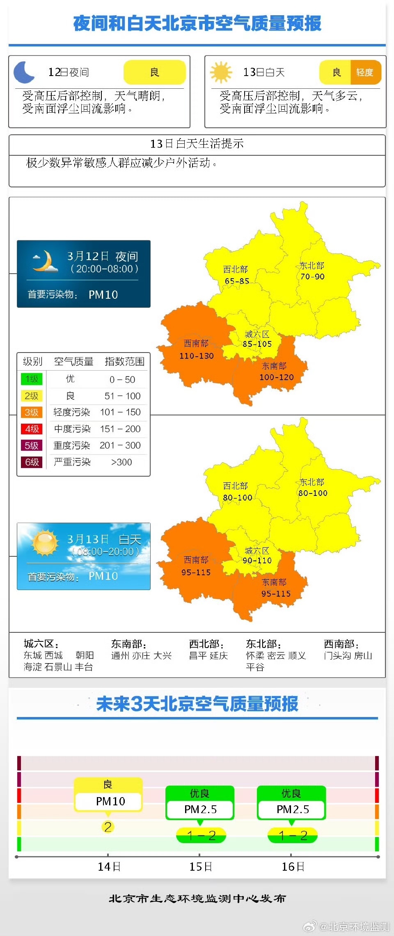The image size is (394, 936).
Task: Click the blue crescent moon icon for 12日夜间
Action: [24, 72]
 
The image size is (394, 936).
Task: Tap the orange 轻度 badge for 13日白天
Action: [365, 72]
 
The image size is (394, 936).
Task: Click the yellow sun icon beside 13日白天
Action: [221, 72]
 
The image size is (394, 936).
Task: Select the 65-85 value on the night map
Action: [237, 281]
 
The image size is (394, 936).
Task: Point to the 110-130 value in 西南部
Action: [197, 356]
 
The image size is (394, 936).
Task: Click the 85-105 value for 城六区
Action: [257, 344]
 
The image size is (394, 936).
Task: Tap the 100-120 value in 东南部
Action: [277, 377]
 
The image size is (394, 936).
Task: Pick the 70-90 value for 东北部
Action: [312, 277]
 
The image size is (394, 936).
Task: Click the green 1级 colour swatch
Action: [32, 379]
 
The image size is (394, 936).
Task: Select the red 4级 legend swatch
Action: [32, 429]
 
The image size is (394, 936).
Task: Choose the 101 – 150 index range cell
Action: [120, 412]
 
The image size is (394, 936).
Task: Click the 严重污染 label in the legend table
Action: [72, 462]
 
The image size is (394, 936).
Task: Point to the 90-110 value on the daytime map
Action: [257, 560]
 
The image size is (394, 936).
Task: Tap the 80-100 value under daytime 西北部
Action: [238, 498]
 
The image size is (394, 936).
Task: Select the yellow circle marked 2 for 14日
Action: [108, 827]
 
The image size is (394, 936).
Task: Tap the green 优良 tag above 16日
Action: [291, 793]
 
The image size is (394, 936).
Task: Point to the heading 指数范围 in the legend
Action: [124, 362]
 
